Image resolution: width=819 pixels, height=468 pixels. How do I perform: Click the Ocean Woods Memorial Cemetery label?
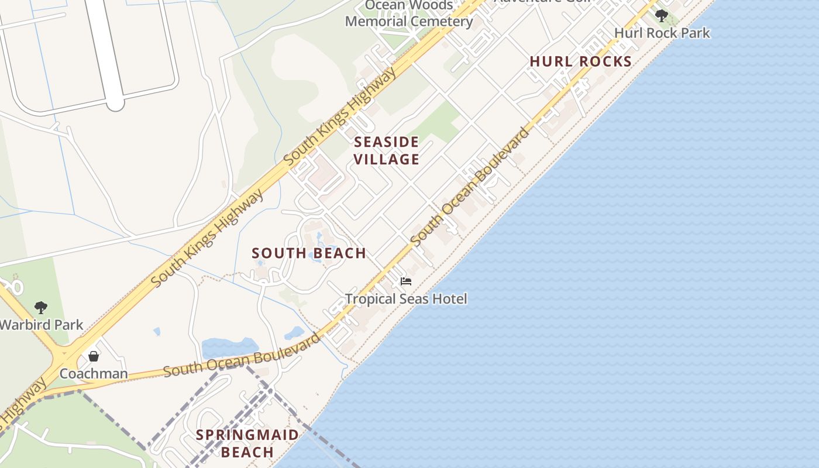coord(408,14)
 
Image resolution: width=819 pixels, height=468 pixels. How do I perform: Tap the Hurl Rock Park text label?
coord(662,33)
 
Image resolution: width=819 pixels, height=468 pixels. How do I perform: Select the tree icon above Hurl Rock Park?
coord(661,15)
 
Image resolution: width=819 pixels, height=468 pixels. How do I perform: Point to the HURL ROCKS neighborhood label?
coord(580,61)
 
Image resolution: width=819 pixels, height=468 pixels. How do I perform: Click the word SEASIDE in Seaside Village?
coord(386,142)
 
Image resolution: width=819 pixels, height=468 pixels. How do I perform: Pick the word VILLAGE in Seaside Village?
coord(386,159)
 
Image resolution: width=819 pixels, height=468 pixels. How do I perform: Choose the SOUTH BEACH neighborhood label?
coord(309,253)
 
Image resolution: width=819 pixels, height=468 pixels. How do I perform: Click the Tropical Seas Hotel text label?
coord(406,299)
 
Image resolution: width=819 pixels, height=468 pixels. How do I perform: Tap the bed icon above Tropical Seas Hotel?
coord(406,281)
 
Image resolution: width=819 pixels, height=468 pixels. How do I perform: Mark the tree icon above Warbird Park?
coord(40,307)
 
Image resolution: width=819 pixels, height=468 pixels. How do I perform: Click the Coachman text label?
coord(94,373)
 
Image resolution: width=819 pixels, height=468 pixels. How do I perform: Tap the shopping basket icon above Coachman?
coord(94,356)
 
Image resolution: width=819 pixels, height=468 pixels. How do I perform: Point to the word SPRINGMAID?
coord(247,435)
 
